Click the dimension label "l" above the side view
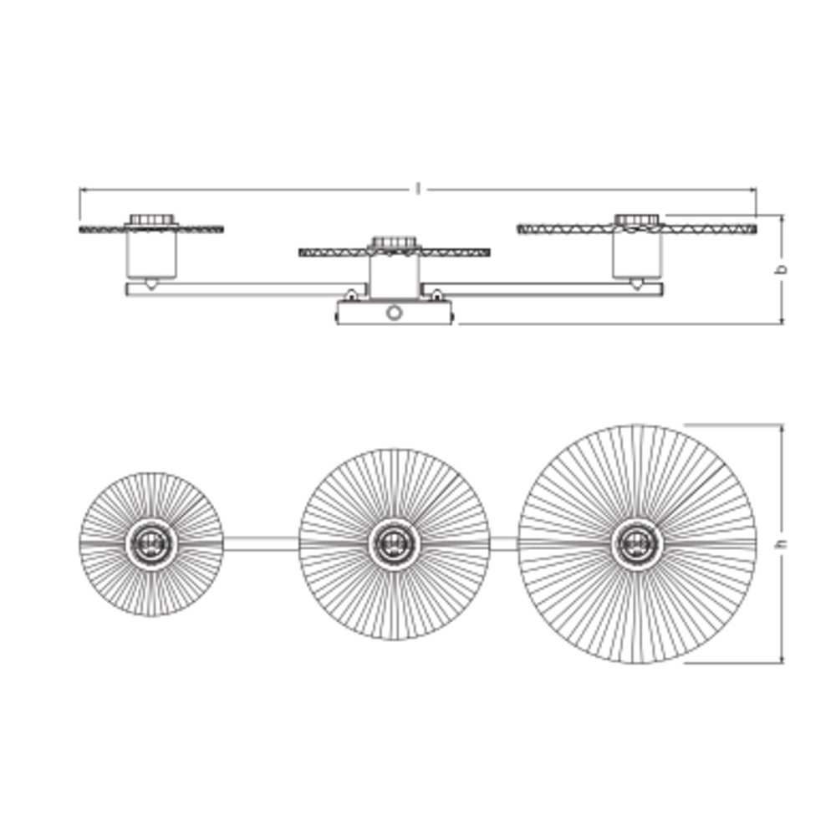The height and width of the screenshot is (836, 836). coord(419,189)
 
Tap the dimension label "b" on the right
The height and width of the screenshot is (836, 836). coord(782,269)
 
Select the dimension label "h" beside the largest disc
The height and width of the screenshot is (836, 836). coord(782,544)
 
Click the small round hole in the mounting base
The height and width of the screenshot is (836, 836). coord(393,313)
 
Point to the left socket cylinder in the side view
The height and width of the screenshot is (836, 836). coord(151,254)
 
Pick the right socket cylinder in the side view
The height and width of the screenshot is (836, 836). coord(637,254)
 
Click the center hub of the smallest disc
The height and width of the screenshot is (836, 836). coord(151,544)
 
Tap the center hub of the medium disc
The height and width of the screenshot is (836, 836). coord(394,544)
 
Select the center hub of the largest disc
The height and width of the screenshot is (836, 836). coord(636,544)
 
